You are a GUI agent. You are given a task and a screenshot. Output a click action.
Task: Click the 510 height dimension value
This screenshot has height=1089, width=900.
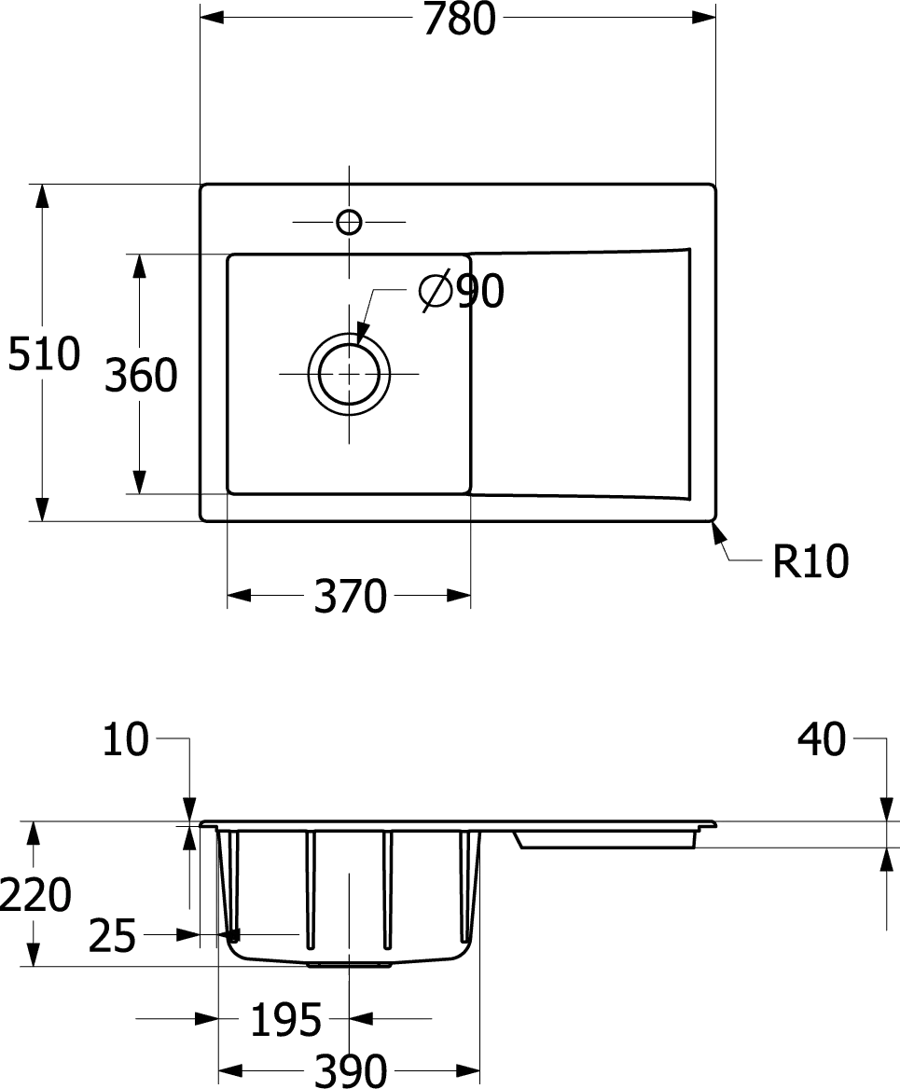click(x=45, y=354)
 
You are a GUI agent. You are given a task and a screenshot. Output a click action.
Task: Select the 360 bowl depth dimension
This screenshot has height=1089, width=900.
click(x=141, y=376)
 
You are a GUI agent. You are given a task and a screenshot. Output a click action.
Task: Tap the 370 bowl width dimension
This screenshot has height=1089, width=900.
click(x=350, y=597)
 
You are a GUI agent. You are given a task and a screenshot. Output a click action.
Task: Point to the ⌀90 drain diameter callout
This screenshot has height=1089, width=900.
click(x=464, y=294)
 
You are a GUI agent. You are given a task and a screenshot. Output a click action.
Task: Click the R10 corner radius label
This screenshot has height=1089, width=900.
click(x=810, y=562)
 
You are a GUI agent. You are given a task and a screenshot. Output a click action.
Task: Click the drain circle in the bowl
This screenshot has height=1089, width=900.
click(x=349, y=376)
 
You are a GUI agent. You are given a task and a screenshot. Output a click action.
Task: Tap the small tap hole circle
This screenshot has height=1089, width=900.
click(x=349, y=222)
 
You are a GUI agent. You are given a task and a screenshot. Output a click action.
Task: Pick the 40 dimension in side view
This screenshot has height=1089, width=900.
click(x=824, y=740)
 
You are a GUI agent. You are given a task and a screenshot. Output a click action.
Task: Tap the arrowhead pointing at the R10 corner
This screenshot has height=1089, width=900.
click(x=716, y=532)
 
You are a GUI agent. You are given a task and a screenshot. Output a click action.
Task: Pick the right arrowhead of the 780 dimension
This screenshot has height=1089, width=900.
click(x=702, y=19)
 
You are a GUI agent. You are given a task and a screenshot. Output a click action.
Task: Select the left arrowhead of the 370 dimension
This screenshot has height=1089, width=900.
click(x=240, y=595)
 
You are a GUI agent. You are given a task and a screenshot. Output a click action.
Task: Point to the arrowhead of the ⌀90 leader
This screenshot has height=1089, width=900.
click(x=362, y=328)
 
